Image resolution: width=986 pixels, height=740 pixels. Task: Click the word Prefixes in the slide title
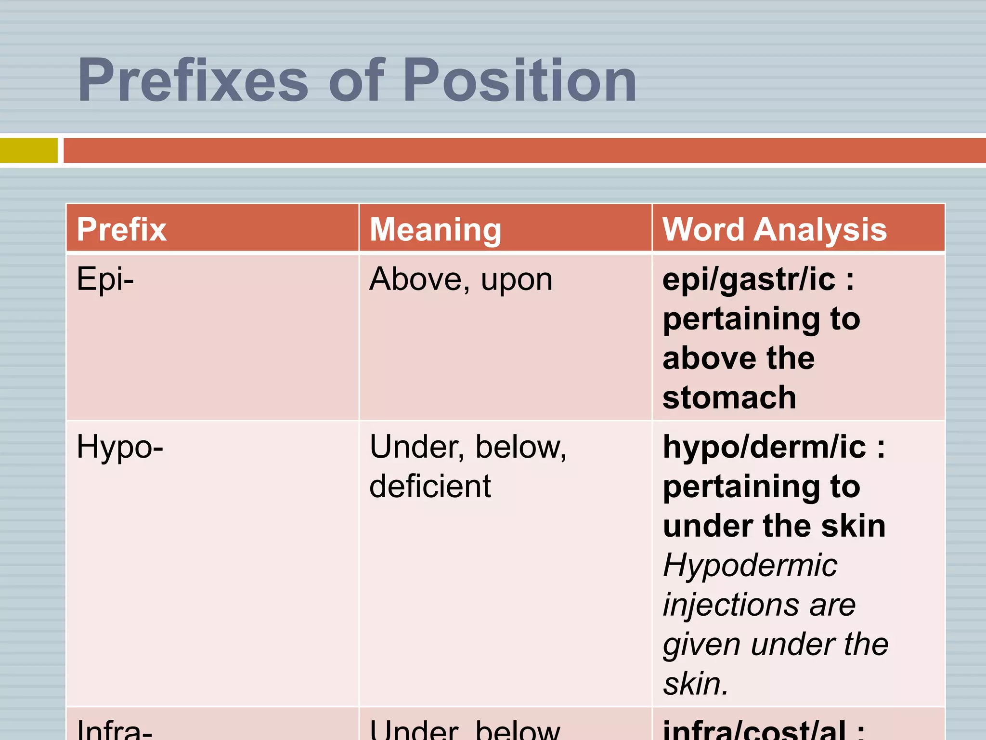click(x=193, y=80)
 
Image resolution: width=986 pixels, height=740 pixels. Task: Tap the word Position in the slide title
click(x=520, y=80)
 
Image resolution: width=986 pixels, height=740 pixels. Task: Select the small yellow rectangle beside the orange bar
click(x=28, y=150)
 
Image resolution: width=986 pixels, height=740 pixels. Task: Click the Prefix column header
click(x=122, y=229)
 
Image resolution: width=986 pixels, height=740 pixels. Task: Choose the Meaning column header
click(x=435, y=229)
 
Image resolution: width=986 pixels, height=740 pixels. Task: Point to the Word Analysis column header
click(x=774, y=229)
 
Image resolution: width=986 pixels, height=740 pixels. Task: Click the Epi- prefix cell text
click(x=105, y=279)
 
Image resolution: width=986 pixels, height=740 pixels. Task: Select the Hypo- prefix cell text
click(x=120, y=447)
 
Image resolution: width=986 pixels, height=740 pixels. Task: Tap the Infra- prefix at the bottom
click(x=115, y=729)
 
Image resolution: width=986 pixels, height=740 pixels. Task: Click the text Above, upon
click(x=461, y=279)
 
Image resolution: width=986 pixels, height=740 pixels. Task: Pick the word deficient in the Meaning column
click(x=430, y=486)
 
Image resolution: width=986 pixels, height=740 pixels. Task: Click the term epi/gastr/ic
click(x=749, y=279)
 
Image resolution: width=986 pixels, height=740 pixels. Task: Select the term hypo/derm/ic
click(x=765, y=447)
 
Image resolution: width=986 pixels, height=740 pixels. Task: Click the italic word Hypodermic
click(x=750, y=565)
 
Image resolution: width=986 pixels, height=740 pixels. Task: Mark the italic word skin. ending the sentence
click(x=696, y=683)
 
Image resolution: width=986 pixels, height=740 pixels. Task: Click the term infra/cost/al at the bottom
click(x=754, y=730)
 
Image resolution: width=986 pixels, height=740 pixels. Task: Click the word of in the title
click(x=356, y=80)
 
